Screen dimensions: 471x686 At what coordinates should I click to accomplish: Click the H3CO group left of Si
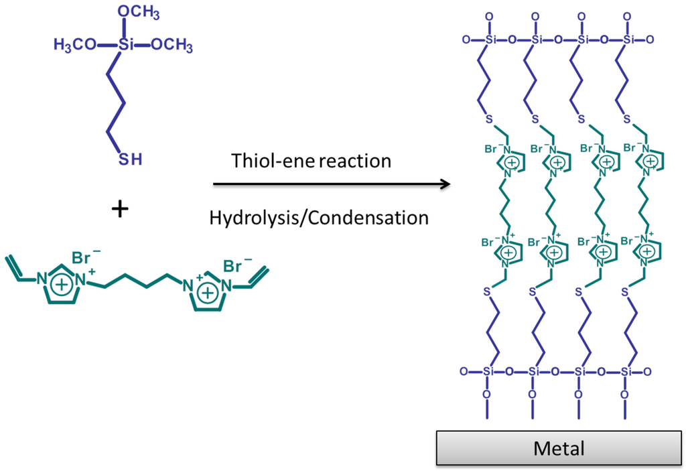point(75,46)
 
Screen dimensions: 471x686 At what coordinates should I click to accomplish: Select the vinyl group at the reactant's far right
point(259,277)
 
